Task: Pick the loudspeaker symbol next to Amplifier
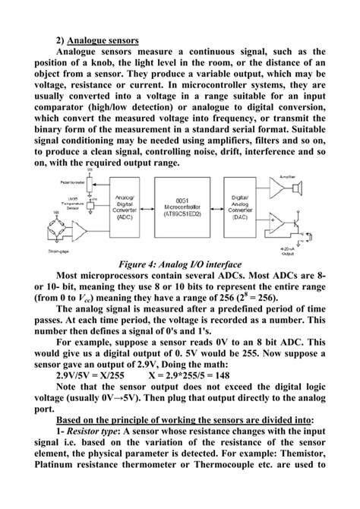pyautogui.click(x=298, y=186)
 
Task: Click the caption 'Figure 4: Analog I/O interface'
pyautogui.click(x=180, y=264)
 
